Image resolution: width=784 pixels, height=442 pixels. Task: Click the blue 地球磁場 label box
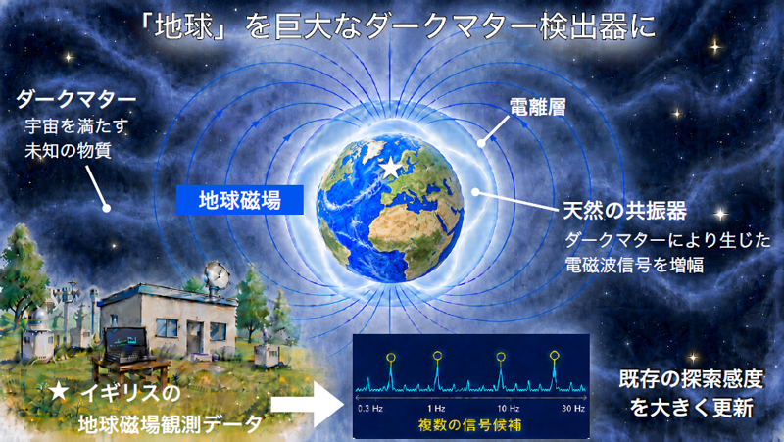pyautogui.click(x=240, y=200)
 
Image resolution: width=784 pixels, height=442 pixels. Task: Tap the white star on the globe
pyautogui.click(x=390, y=168)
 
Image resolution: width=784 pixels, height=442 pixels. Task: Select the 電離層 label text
pyautogui.click(x=537, y=107)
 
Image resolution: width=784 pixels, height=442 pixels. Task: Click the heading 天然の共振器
pyautogui.click(x=625, y=211)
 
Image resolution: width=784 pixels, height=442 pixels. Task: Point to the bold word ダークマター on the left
pyautogui.click(x=76, y=100)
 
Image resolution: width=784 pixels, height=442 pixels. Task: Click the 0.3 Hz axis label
pyautogui.click(x=370, y=409)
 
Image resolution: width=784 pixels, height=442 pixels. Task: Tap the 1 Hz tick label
pyautogui.click(x=436, y=409)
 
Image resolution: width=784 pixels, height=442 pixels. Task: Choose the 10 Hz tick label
pyautogui.click(x=508, y=409)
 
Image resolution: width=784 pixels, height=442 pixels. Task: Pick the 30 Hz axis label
pyautogui.click(x=573, y=409)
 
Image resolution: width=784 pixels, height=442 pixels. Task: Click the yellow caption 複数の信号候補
pyautogui.click(x=469, y=425)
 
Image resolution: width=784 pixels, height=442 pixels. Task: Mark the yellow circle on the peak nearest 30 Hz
pyautogui.click(x=554, y=356)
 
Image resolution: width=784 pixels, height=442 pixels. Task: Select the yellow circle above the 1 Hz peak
pyautogui.click(x=437, y=356)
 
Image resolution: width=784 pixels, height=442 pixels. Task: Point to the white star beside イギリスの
pyautogui.click(x=59, y=391)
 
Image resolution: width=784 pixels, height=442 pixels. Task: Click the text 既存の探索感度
pyautogui.click(x=691, y=380)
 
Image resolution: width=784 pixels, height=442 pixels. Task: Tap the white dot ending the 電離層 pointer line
pyautogui.click(x=481, y=143)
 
